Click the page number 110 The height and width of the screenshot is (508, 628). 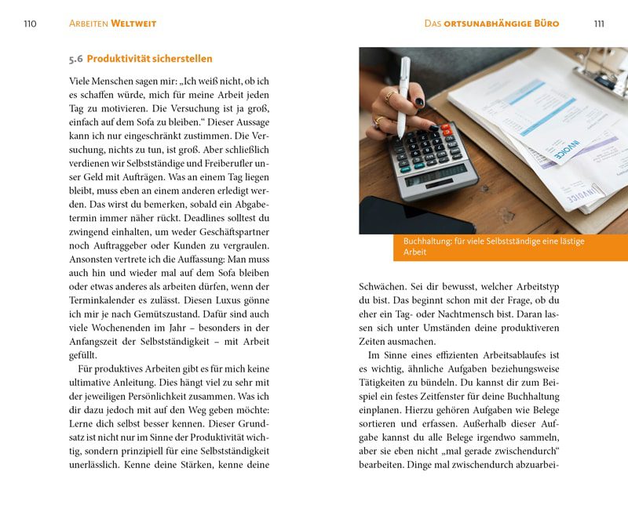click(x=30, y=24)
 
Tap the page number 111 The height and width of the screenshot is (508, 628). click(x=599, y=24)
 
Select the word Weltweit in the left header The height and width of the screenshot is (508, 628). click(x=133, y=24)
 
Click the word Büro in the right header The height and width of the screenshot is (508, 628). click(x=544, y=24)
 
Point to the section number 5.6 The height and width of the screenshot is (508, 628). click(x=76, y=59)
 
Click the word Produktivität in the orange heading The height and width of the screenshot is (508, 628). click(x=120, y=59)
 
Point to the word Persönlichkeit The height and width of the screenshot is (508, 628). click(x=150, y=396)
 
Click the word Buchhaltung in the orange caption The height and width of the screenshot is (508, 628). click(x=427, y=241)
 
